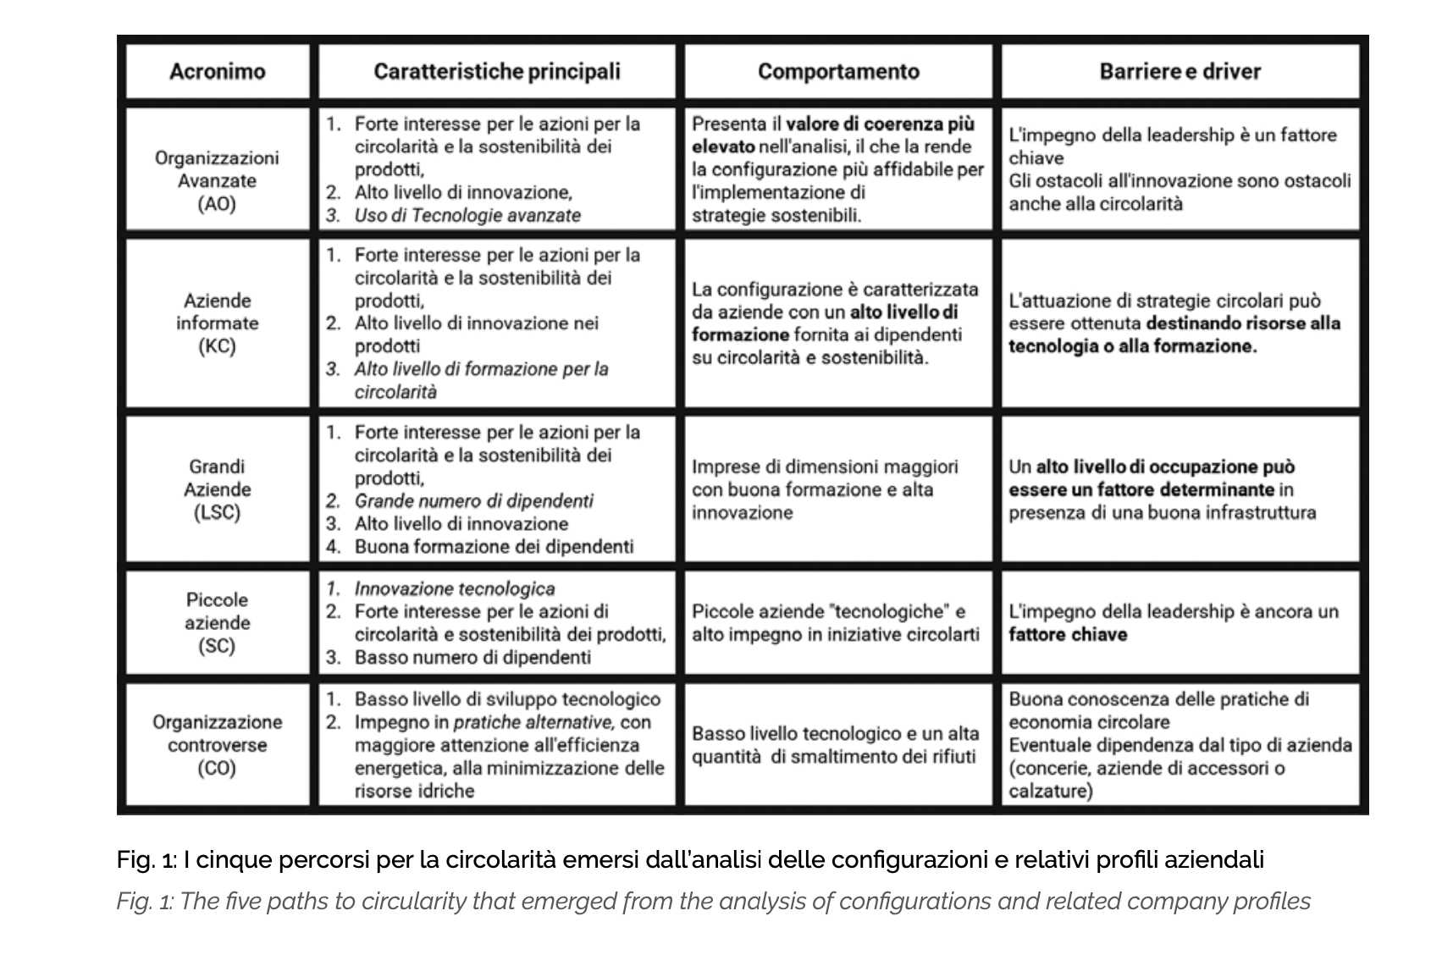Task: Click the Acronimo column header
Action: (217, 71)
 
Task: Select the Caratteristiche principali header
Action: (497, 71)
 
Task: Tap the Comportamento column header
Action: (838, 71)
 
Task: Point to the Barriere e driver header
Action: (1180, 71)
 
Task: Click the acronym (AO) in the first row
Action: (216, 204)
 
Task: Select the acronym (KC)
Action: (216, 346)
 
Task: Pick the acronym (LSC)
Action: (217, 513)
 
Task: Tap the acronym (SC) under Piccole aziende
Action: (217, 646)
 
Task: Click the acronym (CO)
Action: (217, 769)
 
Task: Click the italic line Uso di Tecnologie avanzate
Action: (467, 215)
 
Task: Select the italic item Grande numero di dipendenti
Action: (473, 500)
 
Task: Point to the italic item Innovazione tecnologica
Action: (455, 588)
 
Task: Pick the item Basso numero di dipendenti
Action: (472, 658)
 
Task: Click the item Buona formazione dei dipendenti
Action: (494, 547)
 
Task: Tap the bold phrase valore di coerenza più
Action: (880, 124)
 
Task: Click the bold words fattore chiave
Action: (1068, 635)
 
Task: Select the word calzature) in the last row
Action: (1050, 792)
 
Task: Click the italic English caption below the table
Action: (713, 902)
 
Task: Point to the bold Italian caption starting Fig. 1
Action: (690, 860)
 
